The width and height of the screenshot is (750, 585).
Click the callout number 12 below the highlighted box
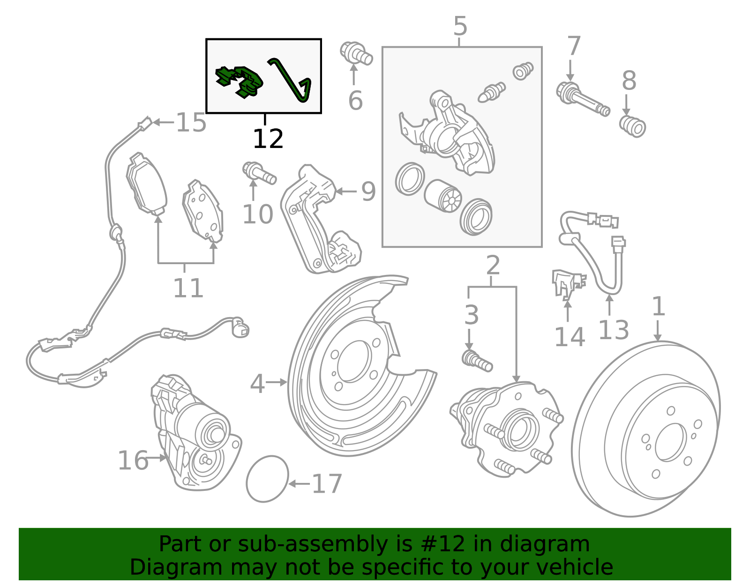pyautogui.click(x=268, y=139)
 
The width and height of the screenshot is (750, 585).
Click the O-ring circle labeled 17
pyautogui.click(x=267, y=479)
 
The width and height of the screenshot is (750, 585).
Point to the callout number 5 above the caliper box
pyautogui.click(x=460, y=26)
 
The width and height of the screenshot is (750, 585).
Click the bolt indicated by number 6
pyautogui.click(x=356, y=53)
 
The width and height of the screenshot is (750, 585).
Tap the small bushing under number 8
pyautogui.click(x=633, y=126)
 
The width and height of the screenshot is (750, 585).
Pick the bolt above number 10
pyautogui.click(x=259, y=173)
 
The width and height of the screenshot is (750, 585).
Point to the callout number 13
pyautogui.click(x=613, y=330)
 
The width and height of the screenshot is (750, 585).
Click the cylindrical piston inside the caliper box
pyautogui.click(x=443, y=195)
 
